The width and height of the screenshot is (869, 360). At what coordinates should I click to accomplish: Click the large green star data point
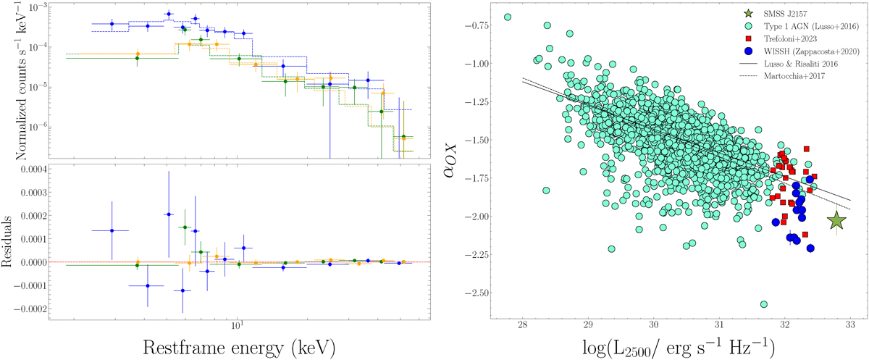(x=836, y=220)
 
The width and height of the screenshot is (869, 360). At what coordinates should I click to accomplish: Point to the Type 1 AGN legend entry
(x=809, y=25)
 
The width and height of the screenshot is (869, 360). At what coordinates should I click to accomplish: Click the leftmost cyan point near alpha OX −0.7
(x=508, y=17)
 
